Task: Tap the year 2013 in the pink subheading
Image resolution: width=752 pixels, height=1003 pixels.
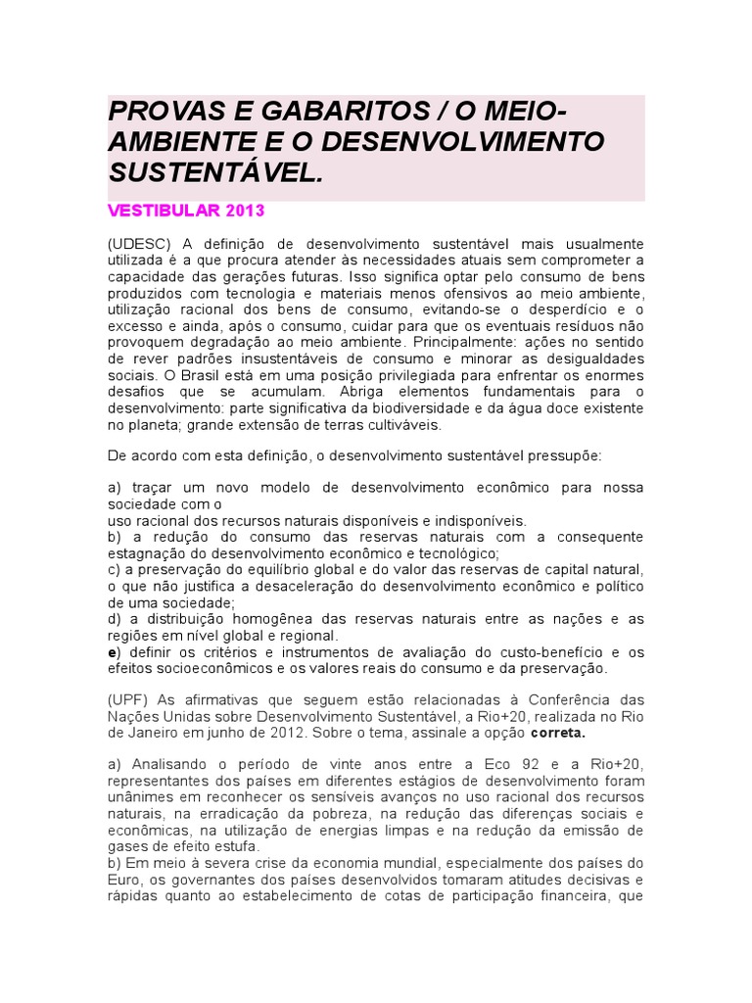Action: (x=246, y=211)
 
